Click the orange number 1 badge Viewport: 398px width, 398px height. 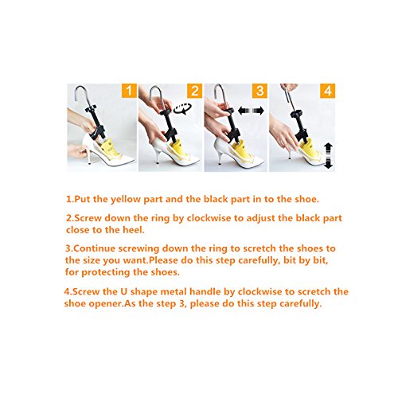coord(129,91)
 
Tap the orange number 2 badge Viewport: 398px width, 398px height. coord(195,91)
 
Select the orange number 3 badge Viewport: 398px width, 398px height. coord(259,91)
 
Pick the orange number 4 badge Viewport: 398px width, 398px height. coord(328,91)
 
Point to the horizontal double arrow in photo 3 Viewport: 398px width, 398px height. coord(251,111)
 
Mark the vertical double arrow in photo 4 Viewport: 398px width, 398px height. coord(329,156)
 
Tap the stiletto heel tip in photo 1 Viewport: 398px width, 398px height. coord(89,163)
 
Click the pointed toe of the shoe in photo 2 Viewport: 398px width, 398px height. coord(199,161)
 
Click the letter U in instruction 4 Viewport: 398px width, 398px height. coord(124,291)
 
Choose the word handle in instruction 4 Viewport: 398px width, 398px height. coord(205,291)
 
